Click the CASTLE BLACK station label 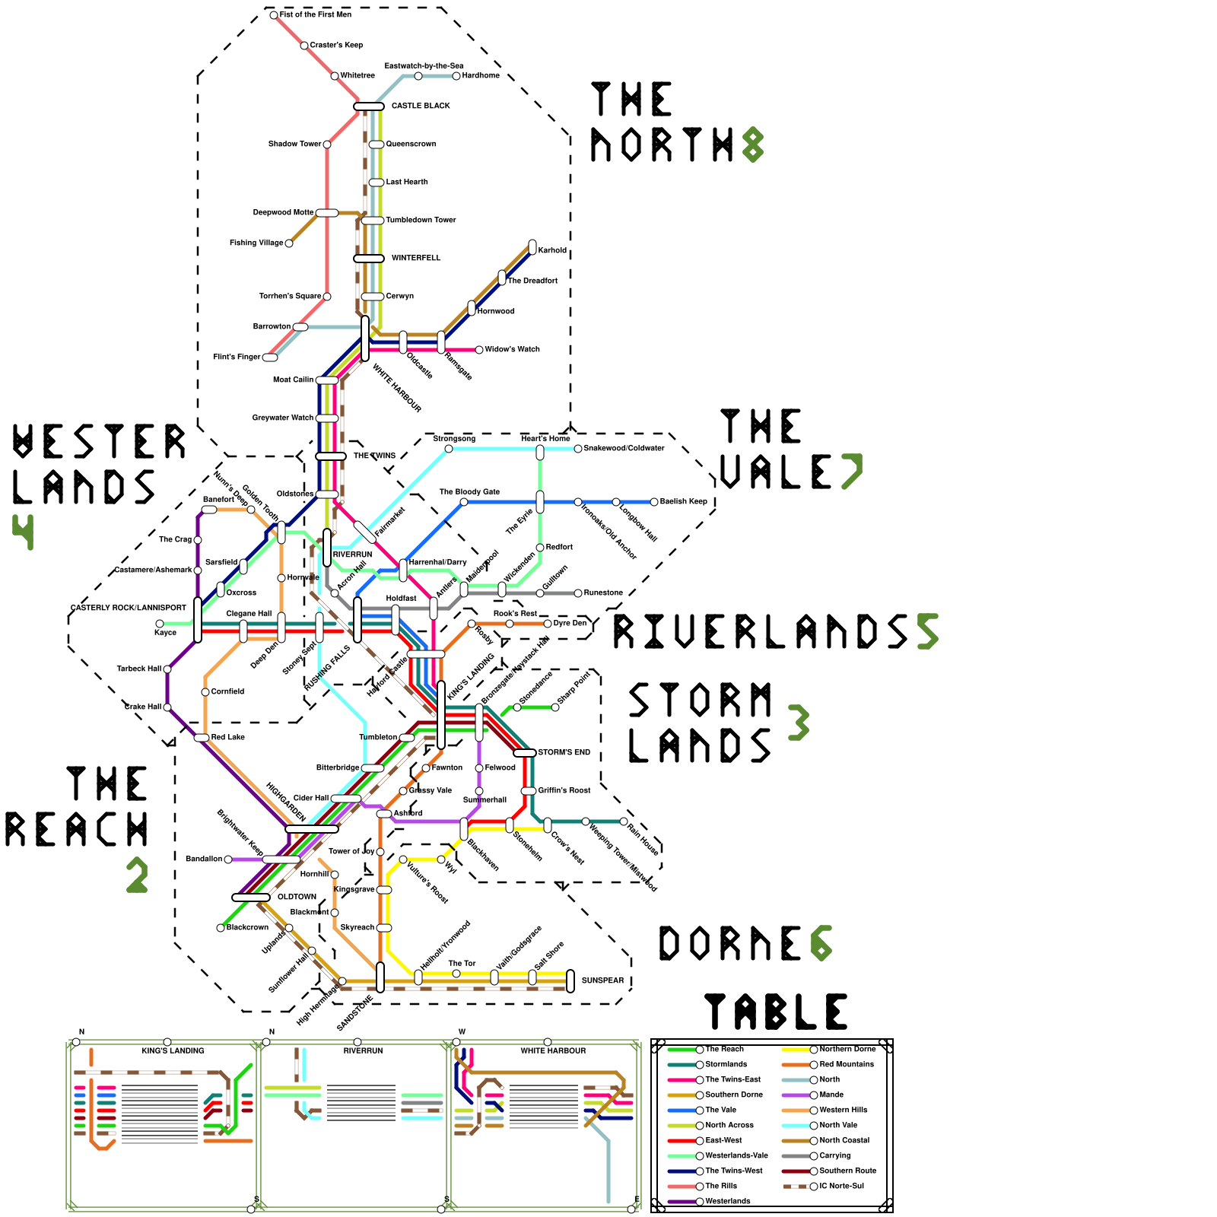coord(421,106)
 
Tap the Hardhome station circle coord(456,76)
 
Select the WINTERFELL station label coord(416,258)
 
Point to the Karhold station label coord(552,250)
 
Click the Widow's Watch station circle coord(479,350)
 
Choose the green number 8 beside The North coord(752,145)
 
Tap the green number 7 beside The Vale coord(851,472)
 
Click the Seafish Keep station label coord(683,501)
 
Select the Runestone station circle coord(578,593)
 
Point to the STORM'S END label coord(564,752)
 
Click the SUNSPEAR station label coord(602,980)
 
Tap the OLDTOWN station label coord(297,897)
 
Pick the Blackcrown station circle coord(221,928)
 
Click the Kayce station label coord(165,632)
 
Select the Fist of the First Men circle coord(274,15)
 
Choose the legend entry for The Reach coord(724,1049)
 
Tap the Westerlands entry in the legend coord(727,1201)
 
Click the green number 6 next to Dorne coord(821,943)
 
